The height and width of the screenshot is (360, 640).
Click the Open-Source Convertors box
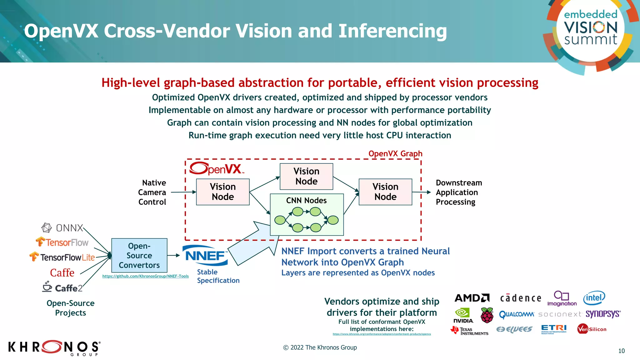[x=139, y=255]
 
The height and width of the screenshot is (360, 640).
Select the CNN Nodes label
[x=306, y=200]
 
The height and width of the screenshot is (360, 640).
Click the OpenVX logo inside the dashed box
[x=216, y=169]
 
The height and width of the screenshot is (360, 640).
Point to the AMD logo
[x=472, y=298]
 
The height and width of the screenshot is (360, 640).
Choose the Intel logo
[x=594, y=298]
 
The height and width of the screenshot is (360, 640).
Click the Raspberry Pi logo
[x=487, y=315]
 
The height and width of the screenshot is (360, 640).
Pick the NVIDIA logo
[x=463, y=316]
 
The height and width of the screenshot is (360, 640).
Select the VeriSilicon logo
[x=592, y=329]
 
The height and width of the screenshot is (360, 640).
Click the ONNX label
[x=62, y=228]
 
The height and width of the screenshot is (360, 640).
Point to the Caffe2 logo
[x=62, y=287]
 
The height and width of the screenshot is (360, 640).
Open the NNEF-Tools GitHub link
[x=145, y=276]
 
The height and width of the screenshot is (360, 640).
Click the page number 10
[x=621, y=351]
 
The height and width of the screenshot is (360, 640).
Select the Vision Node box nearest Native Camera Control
[x=222, y=192]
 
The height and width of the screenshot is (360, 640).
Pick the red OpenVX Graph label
[x=395, y=154]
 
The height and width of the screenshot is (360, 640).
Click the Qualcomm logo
[x=517, y=314]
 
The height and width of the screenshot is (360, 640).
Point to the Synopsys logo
[x=603, y=314]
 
